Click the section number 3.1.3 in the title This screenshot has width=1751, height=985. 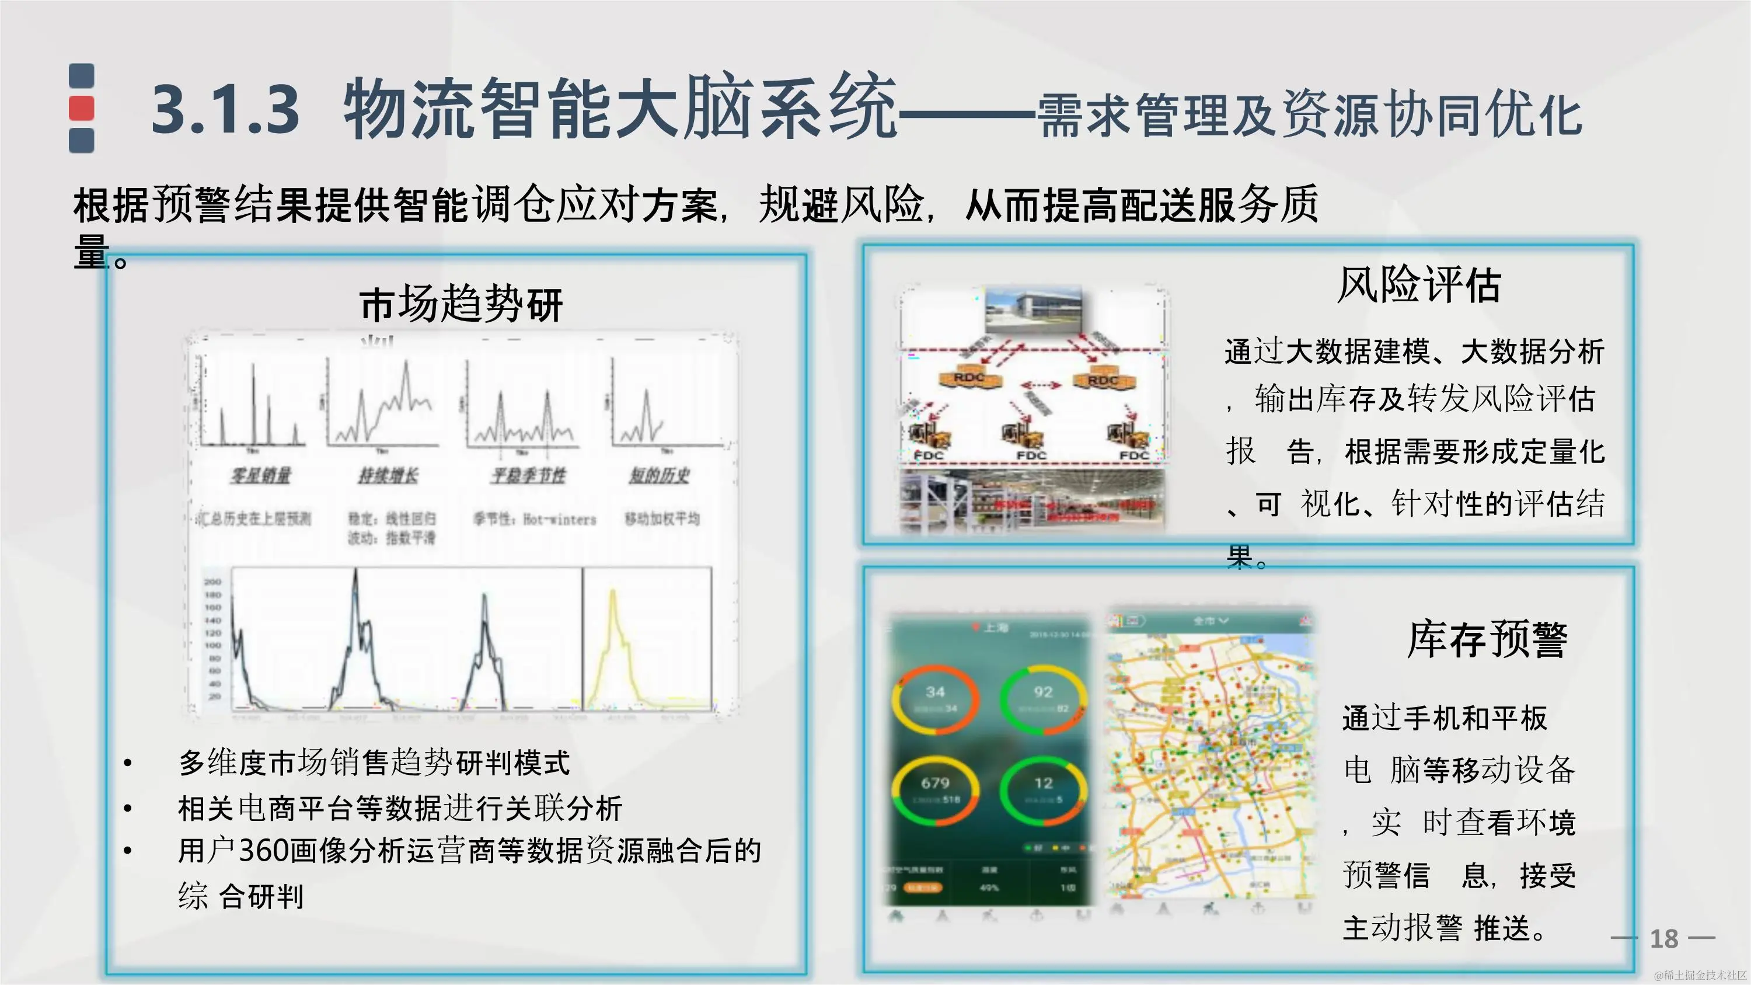pyautogui.click(x=225, y=109)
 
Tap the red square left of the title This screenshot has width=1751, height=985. pyautogui.click(x=82, y=108)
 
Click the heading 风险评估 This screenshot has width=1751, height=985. pyautogui.click(x=1419, y=285)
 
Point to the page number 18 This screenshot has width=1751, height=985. pyautogui.click(x=1663, y=939)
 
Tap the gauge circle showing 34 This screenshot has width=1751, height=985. pyautogui.click(x=935, y=698)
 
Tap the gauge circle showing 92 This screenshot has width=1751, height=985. pyautogui.click(x=1042, y=698)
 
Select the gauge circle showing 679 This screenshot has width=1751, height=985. pyautogui.click(x=935, y=789)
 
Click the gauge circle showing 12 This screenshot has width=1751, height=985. pyautogui.click(x=1042, y=789)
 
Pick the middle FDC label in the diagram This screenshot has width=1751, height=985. pyautogui.click(x=1031, y=455)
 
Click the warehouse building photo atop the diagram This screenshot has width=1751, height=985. pyautogui.click(x=1033, y=311)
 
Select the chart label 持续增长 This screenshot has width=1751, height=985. pyautogui.click(x=389, y=475)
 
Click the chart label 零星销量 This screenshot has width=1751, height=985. pyautogui.click(x=260, y=475)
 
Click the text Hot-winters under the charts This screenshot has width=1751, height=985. pyautogui.click(x=559, y=519)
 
